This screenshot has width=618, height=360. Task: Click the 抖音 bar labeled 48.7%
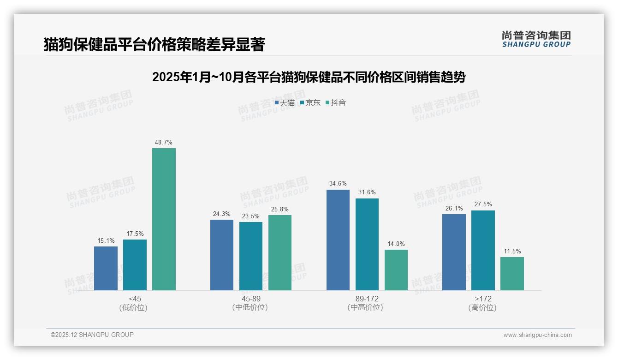[164, 219]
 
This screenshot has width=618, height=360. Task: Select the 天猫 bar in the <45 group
[106, 268]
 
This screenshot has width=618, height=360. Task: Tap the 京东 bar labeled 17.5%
[135, 264]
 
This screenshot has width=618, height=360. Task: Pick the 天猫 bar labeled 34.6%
[338, 240]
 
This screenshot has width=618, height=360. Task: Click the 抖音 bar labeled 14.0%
[396, 270]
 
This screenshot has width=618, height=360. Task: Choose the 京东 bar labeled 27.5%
[483, 250]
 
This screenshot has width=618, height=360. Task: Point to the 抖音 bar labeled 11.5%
[512, 274]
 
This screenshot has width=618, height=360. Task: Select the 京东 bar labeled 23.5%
[251, 256]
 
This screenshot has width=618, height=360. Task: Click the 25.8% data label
[280, 209]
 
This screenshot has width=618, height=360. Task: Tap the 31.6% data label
[367, 192]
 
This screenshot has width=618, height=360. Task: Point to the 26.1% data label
[454, 208]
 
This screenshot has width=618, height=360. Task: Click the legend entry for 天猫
[285, 102]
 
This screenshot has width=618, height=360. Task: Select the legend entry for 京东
[310, 102]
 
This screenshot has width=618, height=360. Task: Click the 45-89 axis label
[251, 299]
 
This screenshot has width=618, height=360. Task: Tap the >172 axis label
[483, 299]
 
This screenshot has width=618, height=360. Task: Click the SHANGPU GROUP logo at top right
[536, 39]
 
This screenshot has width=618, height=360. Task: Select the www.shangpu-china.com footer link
[537, 335]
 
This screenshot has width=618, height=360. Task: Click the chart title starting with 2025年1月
[309, 77]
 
